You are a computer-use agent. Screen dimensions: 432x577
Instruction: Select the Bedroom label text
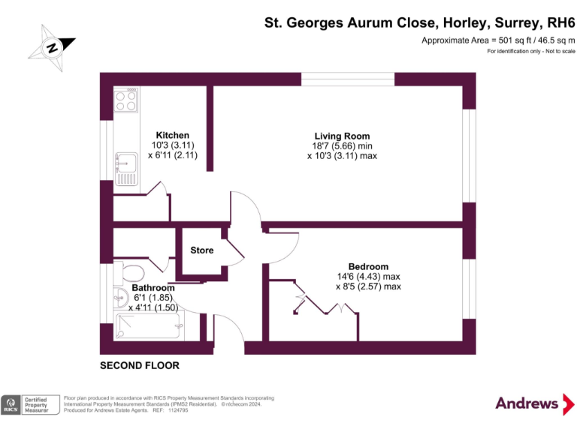368,266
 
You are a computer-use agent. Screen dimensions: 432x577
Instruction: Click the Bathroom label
153,288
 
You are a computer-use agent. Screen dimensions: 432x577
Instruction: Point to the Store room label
201,250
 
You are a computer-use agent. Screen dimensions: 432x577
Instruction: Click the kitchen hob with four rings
126,101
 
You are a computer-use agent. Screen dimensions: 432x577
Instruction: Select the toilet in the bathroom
131,271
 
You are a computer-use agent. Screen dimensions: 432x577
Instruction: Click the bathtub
149,327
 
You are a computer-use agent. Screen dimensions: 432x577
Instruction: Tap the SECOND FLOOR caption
140,366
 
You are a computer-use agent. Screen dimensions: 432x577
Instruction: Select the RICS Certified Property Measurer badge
30,405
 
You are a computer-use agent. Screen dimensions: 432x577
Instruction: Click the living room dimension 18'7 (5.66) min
342,145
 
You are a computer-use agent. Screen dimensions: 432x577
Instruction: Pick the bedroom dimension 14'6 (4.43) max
368,276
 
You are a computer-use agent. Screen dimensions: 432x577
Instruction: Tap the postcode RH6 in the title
557,22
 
